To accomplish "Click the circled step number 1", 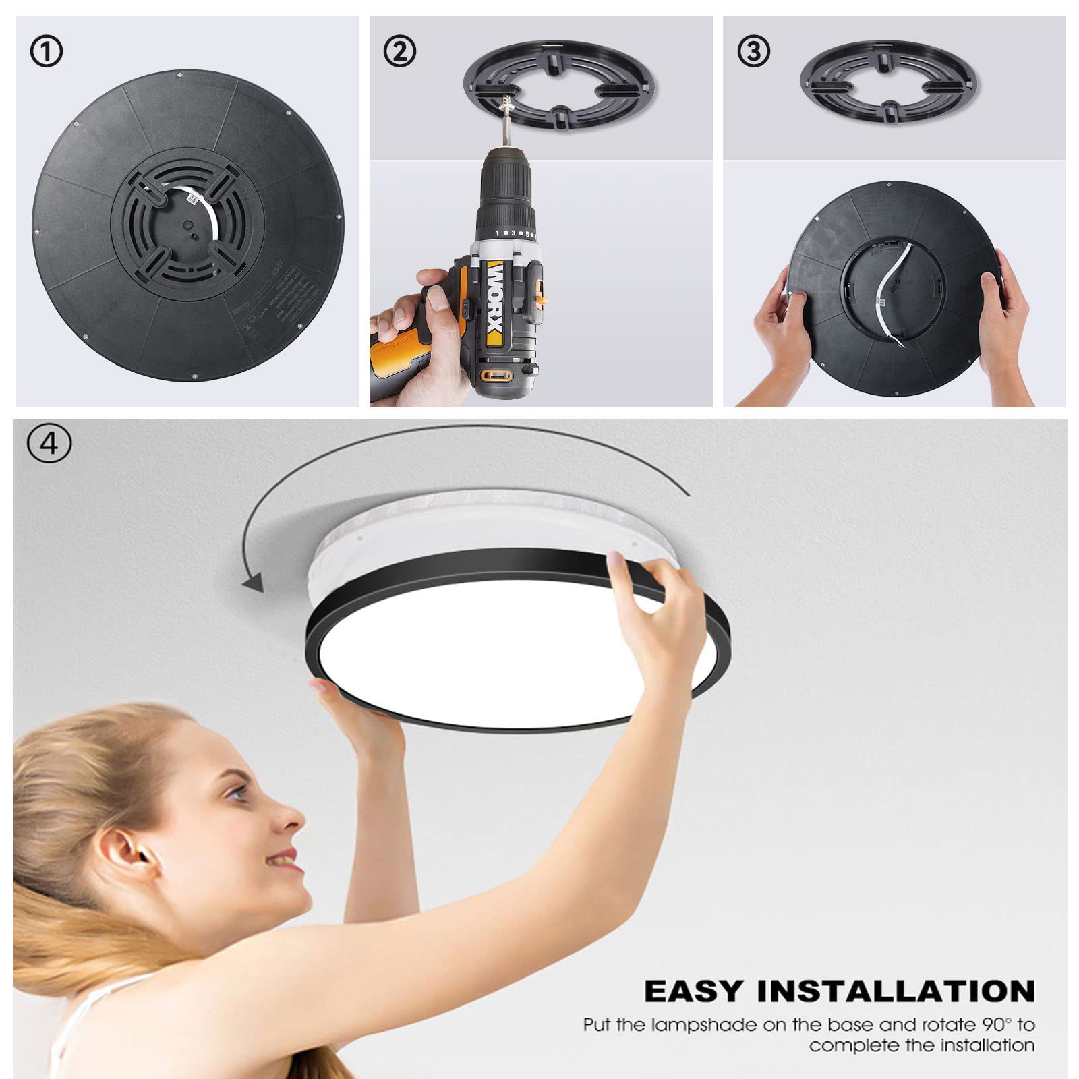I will [x=47, y=52].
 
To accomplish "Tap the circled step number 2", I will [x=400, y=52].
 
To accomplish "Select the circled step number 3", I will [x=754, y=52].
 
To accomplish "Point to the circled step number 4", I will [x=49, y=444].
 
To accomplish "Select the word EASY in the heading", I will [x=694, y=992].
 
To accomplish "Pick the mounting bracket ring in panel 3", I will [x=889, y=84].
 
